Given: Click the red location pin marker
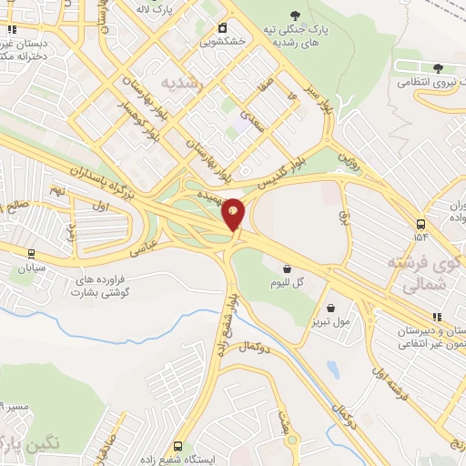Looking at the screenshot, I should (234, 213).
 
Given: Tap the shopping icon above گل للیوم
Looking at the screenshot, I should (289, 268).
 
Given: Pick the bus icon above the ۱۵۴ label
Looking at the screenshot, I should (420, 224).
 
